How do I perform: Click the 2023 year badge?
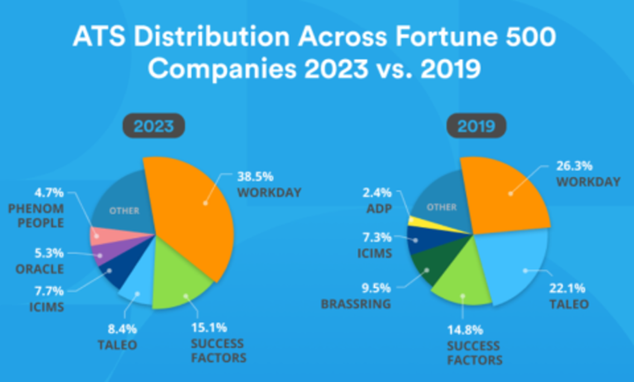pos(154,126)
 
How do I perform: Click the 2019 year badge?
pos(476,126)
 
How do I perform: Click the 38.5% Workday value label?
pos(255,176)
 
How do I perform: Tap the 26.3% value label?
pos(574,166)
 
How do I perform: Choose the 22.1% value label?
pos(567,288)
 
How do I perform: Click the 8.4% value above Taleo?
pos(122,329)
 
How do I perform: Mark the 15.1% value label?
pos(209,328)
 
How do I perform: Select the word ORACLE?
pos(40,269)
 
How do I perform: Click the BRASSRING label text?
pos(356,304)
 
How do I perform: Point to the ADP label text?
pos(379,209)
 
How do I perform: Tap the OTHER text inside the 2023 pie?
pos(124,211)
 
